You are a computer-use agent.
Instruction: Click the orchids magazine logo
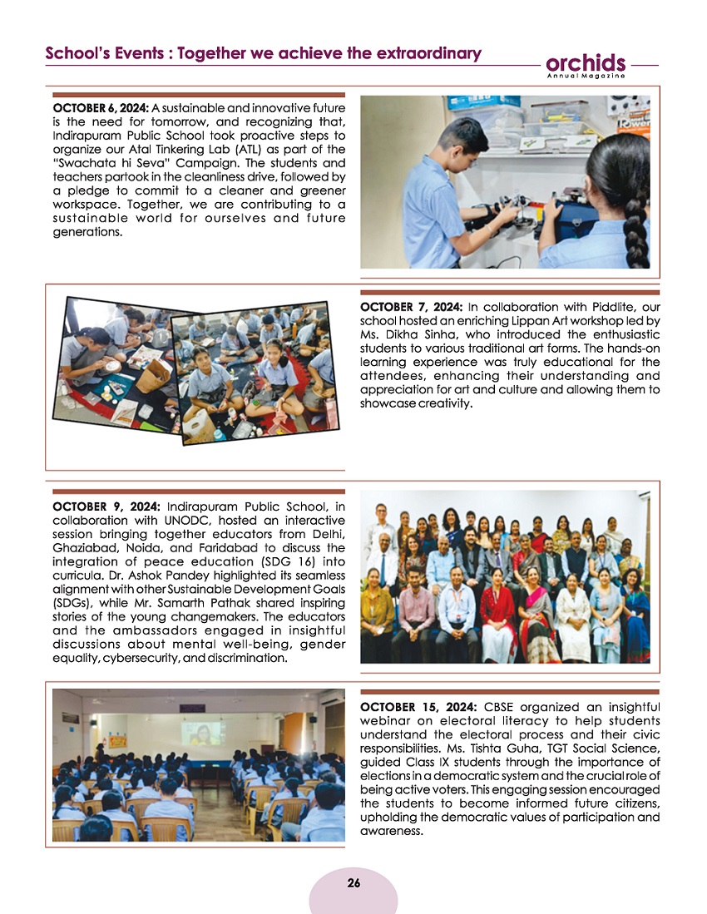[586, 63]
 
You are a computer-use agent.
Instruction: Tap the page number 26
[353, 883]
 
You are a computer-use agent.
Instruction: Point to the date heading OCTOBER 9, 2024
[106, 506]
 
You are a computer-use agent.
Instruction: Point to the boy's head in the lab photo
[448, 137]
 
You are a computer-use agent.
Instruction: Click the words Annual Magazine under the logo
[586, 77]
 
